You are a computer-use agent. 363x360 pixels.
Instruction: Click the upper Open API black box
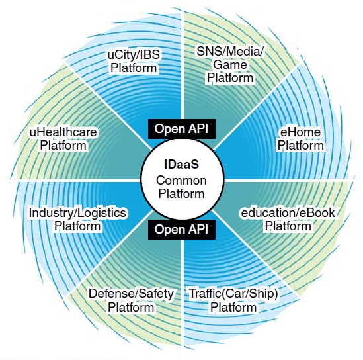point(182,129)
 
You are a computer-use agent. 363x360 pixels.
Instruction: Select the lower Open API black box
point(182,230)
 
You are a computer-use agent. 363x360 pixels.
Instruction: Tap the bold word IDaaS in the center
point(181,164)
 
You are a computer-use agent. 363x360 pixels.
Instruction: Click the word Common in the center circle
point(181,181)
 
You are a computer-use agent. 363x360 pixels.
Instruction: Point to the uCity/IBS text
point(134,55)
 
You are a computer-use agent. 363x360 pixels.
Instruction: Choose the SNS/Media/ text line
point(230,51)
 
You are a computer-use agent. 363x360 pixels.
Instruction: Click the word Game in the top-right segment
point(230,65)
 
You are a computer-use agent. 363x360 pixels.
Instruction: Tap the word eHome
point(300,132)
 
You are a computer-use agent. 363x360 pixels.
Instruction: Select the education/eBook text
point(288,213)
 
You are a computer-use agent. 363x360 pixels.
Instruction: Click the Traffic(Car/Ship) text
point(233,294)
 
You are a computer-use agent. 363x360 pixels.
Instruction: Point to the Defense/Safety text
point(131,294)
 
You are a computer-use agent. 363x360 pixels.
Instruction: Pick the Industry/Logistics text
point(77,213)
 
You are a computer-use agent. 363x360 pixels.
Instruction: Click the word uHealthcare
point(63,132)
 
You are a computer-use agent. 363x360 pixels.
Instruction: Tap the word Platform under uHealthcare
point(63,146)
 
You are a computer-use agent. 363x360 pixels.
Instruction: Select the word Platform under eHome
point(300,146)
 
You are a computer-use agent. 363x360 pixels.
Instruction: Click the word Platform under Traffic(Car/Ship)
point(233,308)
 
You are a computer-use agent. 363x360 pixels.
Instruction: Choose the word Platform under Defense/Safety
point(131,308)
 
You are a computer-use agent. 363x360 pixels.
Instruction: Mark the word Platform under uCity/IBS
point(134,68)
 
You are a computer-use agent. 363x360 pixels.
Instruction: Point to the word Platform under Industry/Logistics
point(77,226)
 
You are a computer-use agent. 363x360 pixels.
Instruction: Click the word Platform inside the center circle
point(181,193)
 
